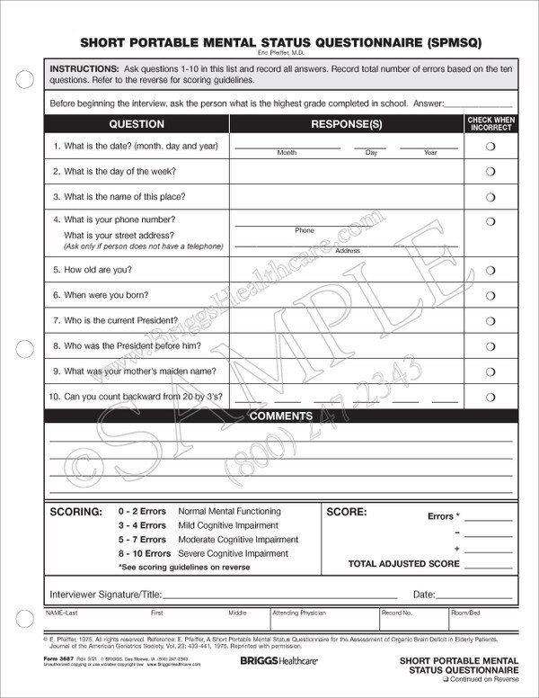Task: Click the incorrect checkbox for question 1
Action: (x=490, y=147)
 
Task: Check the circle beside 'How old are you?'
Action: (x=490, y=270)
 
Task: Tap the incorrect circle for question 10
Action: (x=490, y=396)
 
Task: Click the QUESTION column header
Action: (x=137, y=124)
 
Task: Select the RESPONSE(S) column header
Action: (x=346, y=124)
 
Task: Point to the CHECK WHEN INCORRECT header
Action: (x=491, y=124)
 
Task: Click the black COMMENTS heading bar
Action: (x=280, y=416)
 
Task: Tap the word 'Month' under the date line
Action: (x=287, y=153)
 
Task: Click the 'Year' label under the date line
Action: (x=430, y=153)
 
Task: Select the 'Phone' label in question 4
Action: (x=305, y=231)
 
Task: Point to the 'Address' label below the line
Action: (x=347, y=251)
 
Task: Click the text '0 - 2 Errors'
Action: (x=142, y=511)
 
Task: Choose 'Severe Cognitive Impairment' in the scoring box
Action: (x=234, y=553)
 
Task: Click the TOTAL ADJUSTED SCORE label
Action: (x=403, y=564)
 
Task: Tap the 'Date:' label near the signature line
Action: (x=424, y=595)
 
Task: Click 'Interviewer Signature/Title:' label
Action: (x=104, y=595)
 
